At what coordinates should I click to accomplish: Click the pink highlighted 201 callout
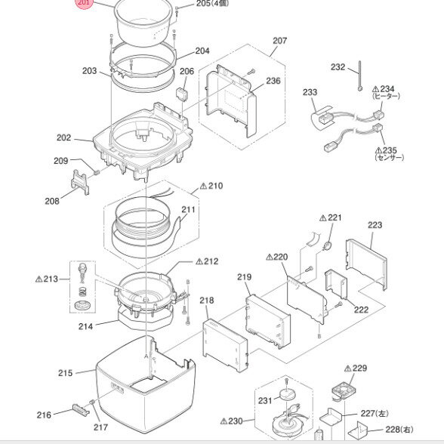click(84, 3)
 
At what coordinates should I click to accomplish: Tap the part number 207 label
click(279, 41)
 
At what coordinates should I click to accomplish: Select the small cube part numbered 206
click(183, 94)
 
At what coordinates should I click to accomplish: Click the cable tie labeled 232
click(359, 76)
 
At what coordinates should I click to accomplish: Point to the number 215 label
click(66, 373)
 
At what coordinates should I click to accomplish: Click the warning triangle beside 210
click(204, 186)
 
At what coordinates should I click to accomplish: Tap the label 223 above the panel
click(375, 225)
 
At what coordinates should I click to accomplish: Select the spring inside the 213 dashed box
click(82, 291)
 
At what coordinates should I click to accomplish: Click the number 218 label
click(207, 301)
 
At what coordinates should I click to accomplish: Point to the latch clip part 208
click(80, 182)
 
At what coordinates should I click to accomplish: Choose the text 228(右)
click(399, 430)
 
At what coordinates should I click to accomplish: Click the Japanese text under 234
click(387, 97)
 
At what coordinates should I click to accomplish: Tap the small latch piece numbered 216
click(81, 409)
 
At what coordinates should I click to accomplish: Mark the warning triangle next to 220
click(270, 257)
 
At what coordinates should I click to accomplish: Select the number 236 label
click(273, 81)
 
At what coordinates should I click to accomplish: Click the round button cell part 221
click(328, 245)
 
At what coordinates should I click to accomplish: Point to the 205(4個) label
click(212, 3)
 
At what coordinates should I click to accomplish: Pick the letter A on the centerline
click(146, 356)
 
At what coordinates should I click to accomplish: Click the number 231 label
click(265, 401)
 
